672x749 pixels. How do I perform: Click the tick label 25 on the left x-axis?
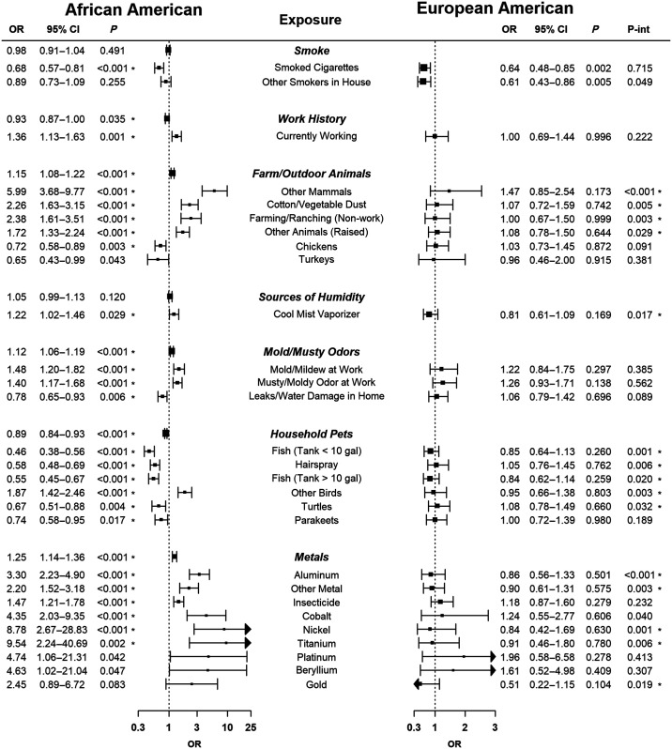pyautogui.click(x=249, y=727)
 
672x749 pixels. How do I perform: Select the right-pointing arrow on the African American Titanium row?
pyautogui.click(x=249, y=643)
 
